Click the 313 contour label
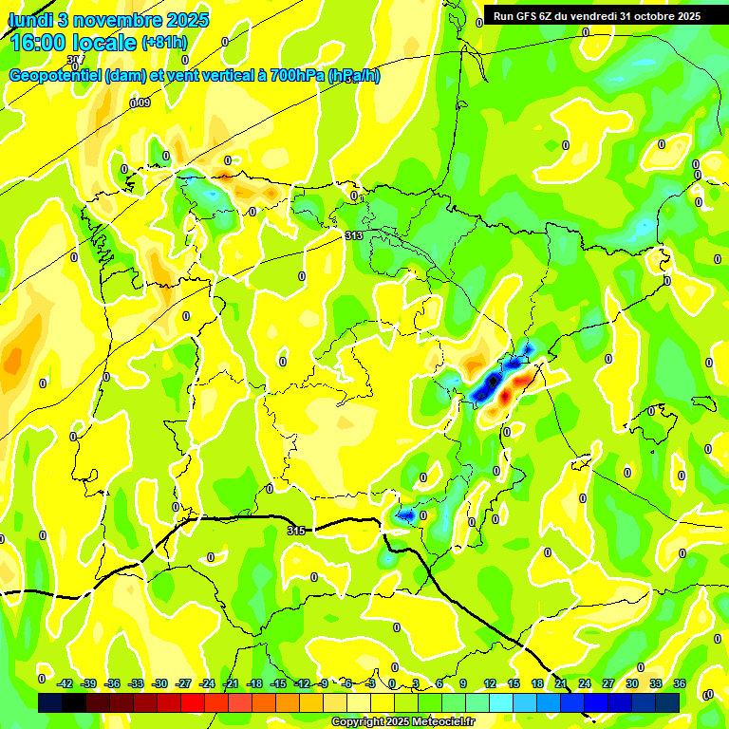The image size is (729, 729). (353, 235)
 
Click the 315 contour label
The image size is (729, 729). (296, 531)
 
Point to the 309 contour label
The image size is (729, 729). (140, 103)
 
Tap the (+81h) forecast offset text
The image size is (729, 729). (165, 43)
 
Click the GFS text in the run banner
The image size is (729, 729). (530, 16)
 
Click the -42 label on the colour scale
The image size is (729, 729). (65, 683)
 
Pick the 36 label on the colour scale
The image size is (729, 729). (680, 683)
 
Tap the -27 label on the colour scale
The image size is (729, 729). (183, 683)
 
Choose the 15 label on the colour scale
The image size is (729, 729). (513, 683)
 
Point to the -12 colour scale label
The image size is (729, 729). (302, 683)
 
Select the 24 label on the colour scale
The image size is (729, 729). (584, 683)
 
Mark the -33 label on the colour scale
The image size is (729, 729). (137, 683)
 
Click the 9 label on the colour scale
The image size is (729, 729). (464, 683)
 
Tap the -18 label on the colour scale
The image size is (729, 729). (254, 683)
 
